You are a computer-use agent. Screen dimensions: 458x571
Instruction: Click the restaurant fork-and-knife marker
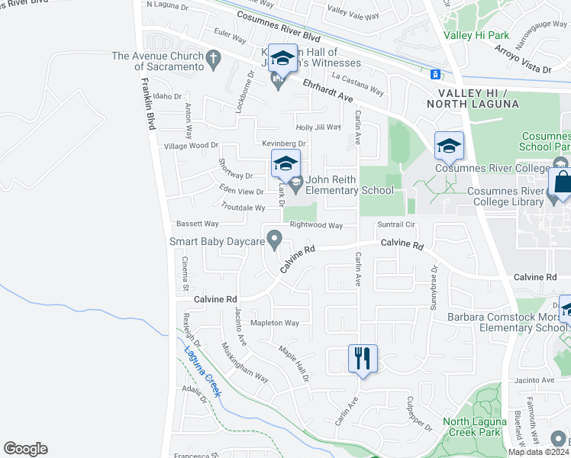pos(363,358)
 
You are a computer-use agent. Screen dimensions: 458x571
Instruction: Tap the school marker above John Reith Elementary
pos(285,163)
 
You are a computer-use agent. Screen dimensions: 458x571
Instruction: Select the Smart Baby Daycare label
pos(217,241)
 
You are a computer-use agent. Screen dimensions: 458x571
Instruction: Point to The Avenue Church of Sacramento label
pos(158,61)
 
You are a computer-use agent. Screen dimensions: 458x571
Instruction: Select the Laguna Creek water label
pos(202,372)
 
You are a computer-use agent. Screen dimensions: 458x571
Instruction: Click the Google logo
pos(25,449)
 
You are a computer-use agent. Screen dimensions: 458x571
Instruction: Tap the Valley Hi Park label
pos(476,35)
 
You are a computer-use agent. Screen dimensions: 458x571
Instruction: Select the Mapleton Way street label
pos(275,323)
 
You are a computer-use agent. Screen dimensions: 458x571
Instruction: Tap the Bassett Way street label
pos(198,224)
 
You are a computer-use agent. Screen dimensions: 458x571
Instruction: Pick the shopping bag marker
pos(563,183)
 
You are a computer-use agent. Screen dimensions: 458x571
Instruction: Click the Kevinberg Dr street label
pos(283,144)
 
